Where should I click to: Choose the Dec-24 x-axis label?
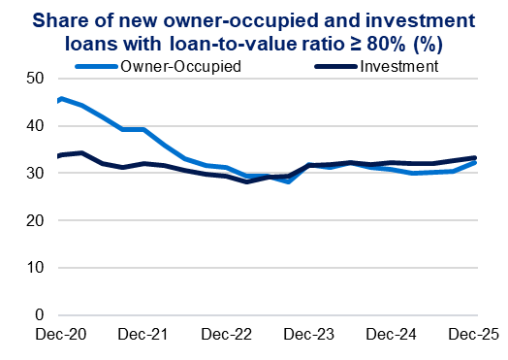[390, 335]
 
